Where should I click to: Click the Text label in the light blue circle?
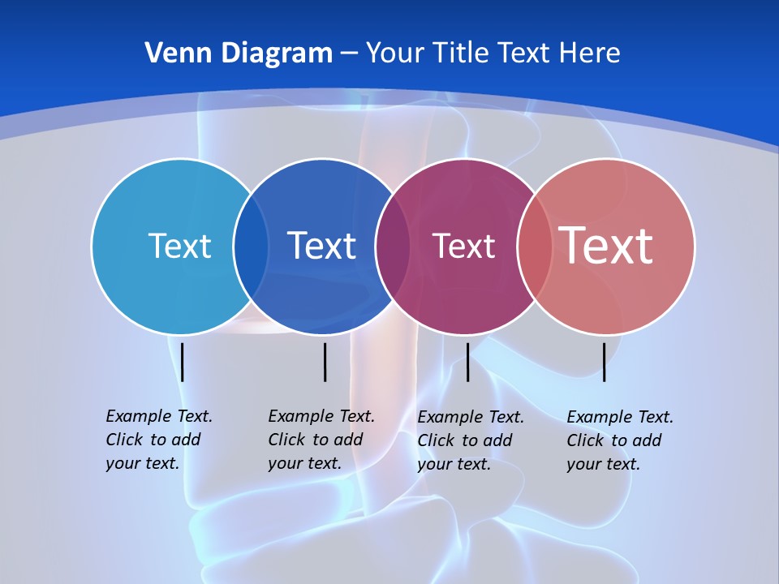point(179,246)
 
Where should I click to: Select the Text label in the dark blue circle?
point(321,246)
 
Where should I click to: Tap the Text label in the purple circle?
point(463,246)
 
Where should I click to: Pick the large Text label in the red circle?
point(605,245)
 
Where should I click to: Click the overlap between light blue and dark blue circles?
point(251,247)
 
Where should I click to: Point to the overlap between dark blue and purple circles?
point(393,247)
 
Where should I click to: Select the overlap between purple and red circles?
point(535,247)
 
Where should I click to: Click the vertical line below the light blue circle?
point(183,362)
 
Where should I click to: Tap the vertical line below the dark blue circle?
point(325,362)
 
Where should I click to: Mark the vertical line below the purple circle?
point(467,362)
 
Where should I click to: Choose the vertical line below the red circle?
point(604,362)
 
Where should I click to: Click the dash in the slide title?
point(349,54)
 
